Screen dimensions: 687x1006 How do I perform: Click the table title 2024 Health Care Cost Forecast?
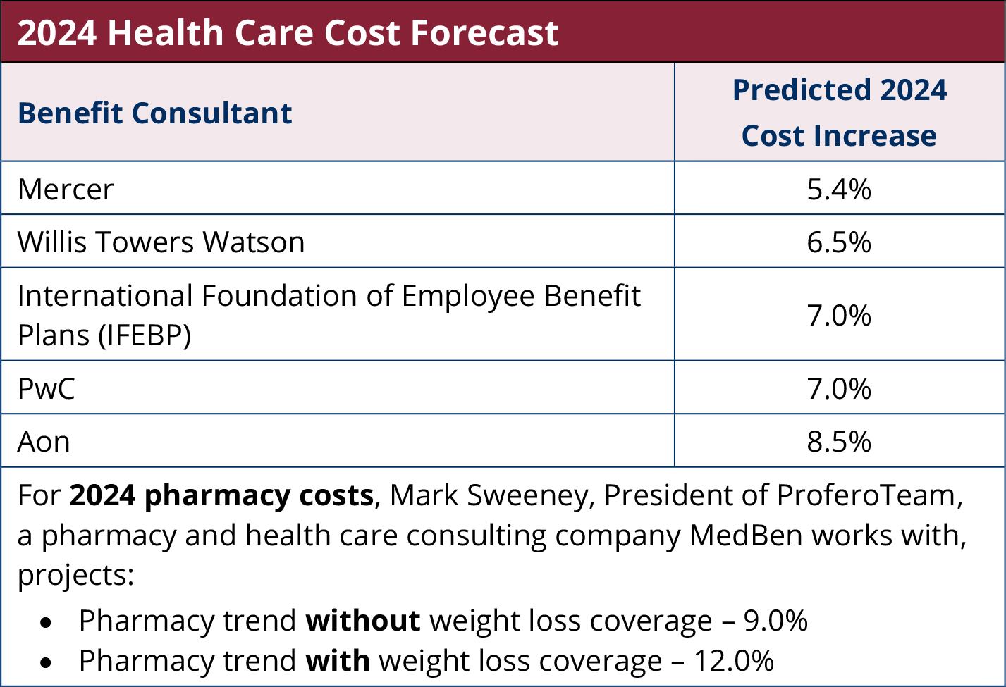tap(288, 32)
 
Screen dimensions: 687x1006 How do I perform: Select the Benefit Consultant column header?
tap(155, 113)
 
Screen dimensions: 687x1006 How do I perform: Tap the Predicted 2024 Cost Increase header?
tap(839, 113)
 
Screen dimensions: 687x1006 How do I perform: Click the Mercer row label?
tap(66, 189)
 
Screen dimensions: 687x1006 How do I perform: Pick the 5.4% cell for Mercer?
tap(839, 189)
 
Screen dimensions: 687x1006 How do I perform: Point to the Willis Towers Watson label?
tap(161, 242)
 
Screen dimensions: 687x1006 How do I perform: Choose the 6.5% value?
tap(839, 242)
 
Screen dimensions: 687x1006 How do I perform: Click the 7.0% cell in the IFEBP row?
tap(839, 315)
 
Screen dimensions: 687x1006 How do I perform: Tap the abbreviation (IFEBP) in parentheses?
tap(145, 335)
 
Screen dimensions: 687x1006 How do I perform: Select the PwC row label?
tap(47, 388)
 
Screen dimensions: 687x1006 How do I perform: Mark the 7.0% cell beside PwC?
tap(839, 388)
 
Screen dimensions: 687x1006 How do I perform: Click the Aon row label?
tap(44, 442)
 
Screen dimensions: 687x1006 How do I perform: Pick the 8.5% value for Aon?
tap(839, 442)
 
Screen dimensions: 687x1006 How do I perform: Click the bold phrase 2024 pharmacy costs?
tap(221, 495)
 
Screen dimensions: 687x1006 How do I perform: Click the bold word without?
tap(363, 621)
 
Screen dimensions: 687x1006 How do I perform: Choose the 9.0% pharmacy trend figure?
tap(775, 621)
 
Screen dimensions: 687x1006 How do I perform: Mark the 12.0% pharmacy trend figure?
tap(734, 661)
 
